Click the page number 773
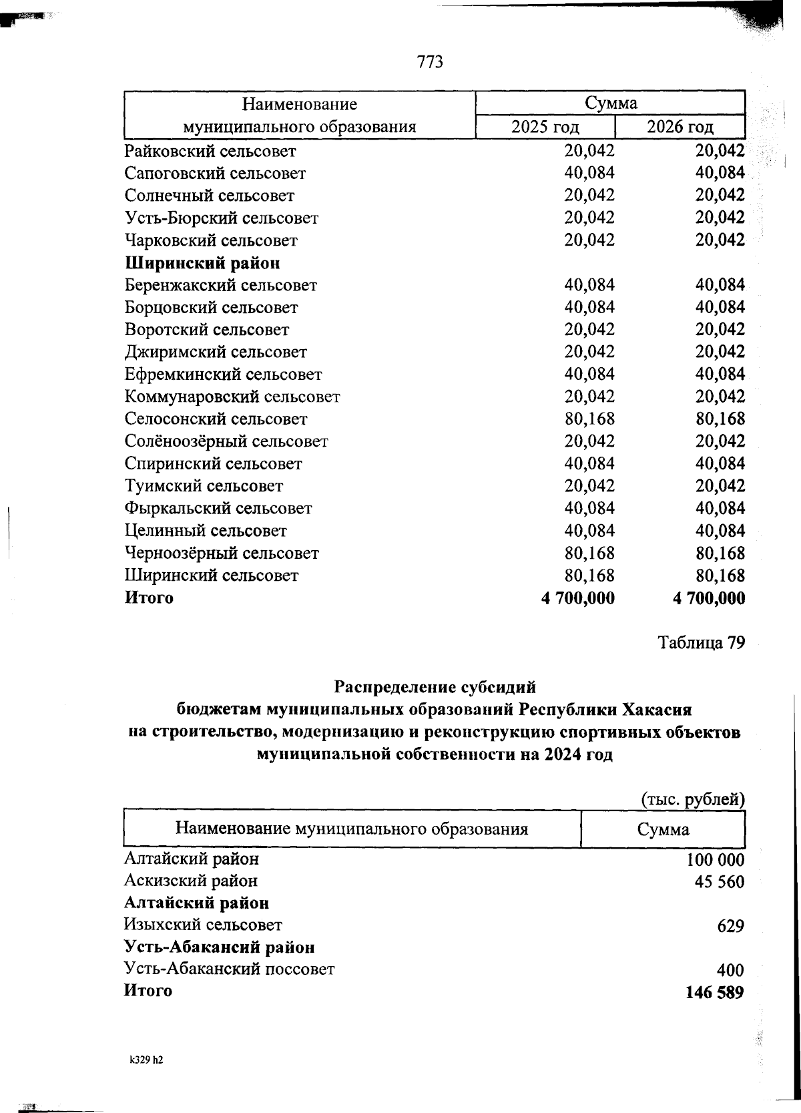pyautogui.click(x=430, y=62)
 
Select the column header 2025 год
pyautogui.click(x=545, y=127)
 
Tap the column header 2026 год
pyautogui.click(x=680, y=127)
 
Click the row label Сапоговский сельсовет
pyautogui.click(x=215, y=174)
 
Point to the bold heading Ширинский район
pyautogui.click(x=202, y=263)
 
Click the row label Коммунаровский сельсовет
pyautogui.click(x=232, y=397)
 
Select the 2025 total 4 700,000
pyautogui.click(x=578, y=598)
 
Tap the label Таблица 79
pyautogui.click(x=701, y=643)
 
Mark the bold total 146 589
pyautogui.click(x=714, y=992)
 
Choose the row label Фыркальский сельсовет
pyautogui.click(x=218, y=509)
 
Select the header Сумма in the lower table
pyautogui.click(x=663, y=830)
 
